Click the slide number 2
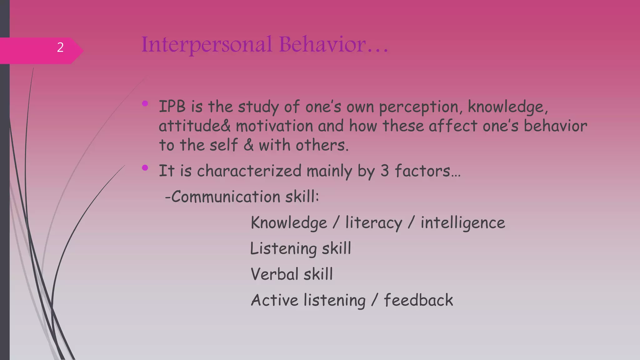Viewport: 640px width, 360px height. coord(60,47)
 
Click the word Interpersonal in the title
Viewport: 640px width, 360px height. coord(207,44)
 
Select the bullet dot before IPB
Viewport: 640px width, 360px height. coord(145,103)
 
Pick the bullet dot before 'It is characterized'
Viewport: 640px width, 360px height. coord(145,168)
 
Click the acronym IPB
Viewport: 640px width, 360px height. coord(172,107)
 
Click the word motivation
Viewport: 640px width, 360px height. coord(274,126)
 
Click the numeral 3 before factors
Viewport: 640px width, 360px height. coord(385,171)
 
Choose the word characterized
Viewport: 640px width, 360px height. coord(249,171)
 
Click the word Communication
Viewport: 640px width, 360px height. coord(226,197)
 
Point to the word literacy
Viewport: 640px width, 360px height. coord(374,223)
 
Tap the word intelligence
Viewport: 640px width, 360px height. coord(462,223)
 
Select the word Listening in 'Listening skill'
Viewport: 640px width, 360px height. coord(283,249)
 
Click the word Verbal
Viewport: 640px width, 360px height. coord(275,274)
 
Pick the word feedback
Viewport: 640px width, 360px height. coord(418,300)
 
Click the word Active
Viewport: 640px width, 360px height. coord(275,300)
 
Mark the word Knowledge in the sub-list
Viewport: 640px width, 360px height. coord(289,223)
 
